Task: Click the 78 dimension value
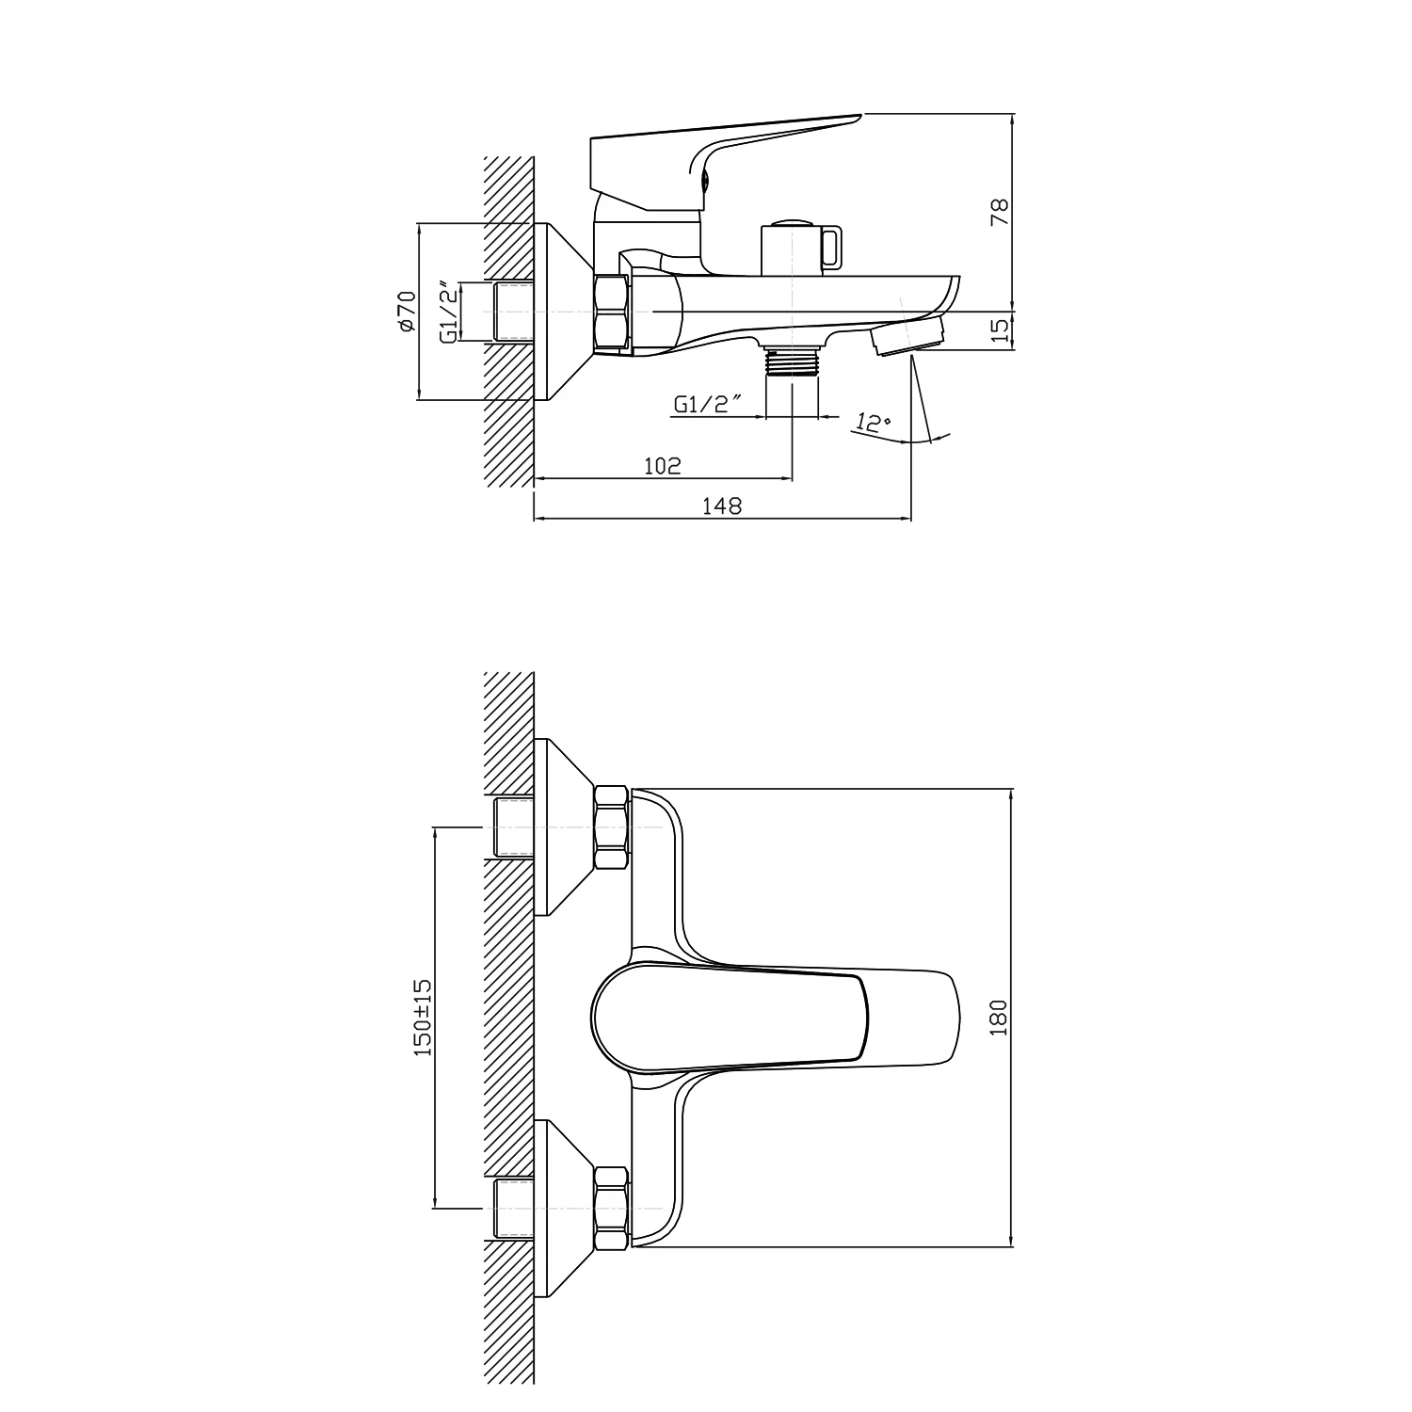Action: pyautogui.click(x=1000, y=212)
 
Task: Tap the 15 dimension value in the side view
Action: pyautogui.click(x=1000, y=329)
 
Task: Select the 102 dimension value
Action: pyautogui.click(x=663, y=466)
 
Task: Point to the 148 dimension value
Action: pyautogui.click(x=722, y=506)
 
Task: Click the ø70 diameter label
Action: pyautogui.click(x=406, y=311)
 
